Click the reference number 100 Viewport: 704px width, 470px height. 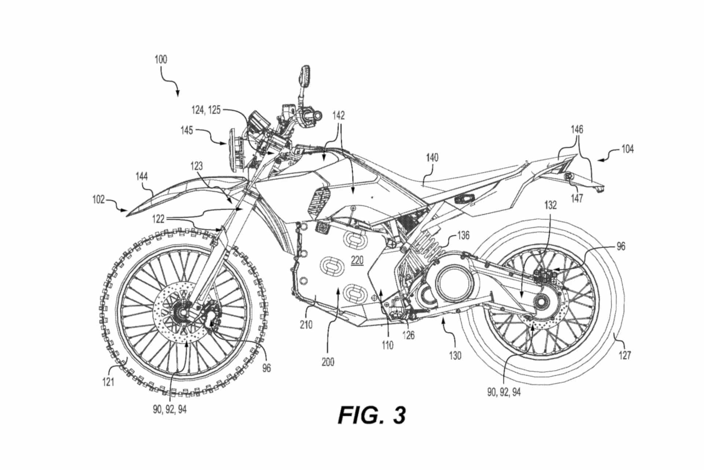[161, 59]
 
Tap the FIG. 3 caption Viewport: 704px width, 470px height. [372, 415]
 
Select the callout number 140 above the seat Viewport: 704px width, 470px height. [432, 158]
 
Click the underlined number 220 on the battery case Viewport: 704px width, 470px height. [357, 260]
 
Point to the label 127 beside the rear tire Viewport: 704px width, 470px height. [625, 355]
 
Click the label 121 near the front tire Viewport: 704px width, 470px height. [108, 382]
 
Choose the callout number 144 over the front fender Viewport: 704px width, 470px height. [142, 177]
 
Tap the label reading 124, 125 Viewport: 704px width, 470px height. [206, 109]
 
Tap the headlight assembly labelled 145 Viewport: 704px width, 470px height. [232, 149]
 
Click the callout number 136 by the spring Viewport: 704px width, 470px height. [463, 235]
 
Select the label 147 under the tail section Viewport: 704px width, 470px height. [577, 198]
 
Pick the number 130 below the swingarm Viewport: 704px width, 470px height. [455, 355]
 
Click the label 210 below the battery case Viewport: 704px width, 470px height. [306, 325]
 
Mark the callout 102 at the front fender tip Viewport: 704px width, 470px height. [98, 200]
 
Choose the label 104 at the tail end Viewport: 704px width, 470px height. [627, 149]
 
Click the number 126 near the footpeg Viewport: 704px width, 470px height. [408, 335]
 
